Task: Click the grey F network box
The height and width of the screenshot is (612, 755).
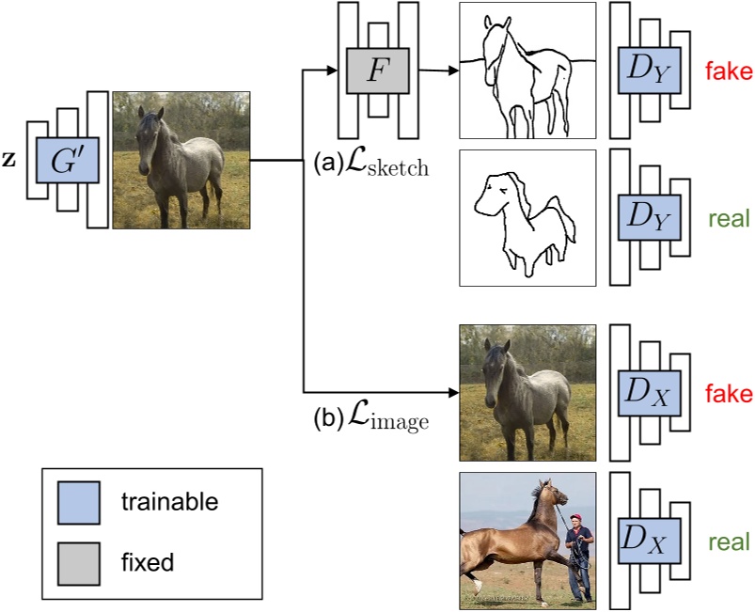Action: [376, 71]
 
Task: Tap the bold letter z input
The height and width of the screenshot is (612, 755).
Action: [8, 161]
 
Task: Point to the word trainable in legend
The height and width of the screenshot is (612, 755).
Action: [169, 503]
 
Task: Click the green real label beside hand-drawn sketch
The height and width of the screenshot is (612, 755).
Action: [728, 219]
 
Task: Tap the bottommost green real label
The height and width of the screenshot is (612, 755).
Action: [728, 542]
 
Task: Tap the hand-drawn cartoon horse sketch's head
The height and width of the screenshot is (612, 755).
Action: [494, 193]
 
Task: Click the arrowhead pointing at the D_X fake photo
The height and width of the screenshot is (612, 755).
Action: [449, 391]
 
